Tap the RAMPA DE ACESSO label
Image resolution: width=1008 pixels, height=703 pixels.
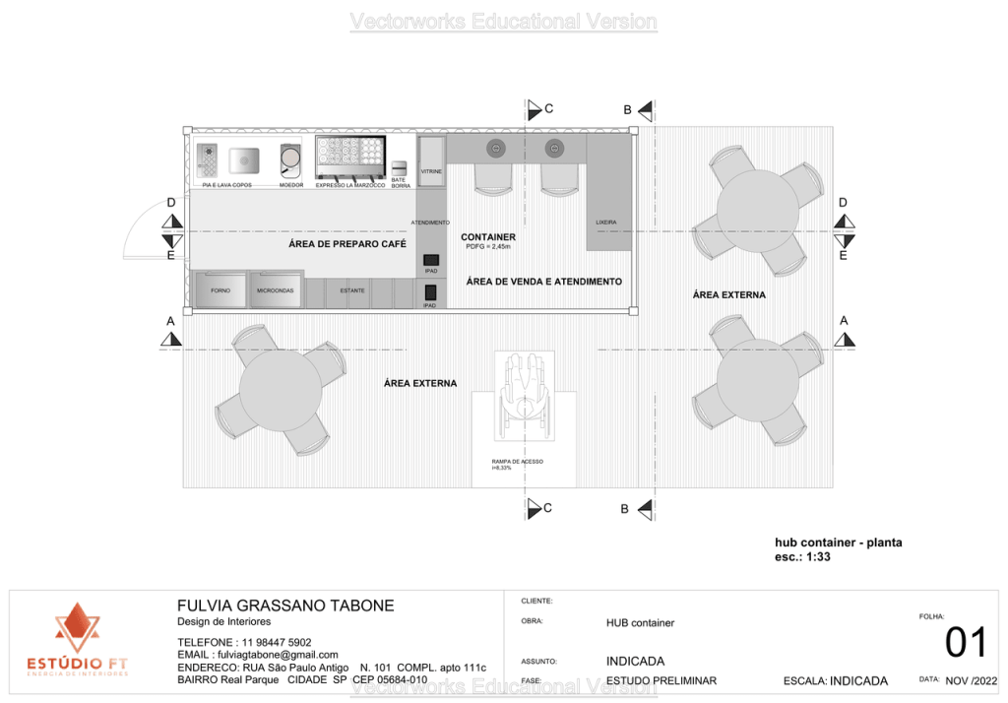[x=517, y=462]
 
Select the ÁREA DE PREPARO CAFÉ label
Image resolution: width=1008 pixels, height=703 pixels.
[x=347, y=244]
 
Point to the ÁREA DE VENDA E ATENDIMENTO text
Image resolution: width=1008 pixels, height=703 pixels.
[x=543, y=282]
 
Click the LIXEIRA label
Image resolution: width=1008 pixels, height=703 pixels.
[x=606, y=223]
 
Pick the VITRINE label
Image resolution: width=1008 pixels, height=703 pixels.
[x=431, y=172]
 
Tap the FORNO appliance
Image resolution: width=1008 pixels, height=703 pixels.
[x=220, y=290]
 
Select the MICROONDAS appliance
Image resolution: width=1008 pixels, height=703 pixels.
[x=276, y=290]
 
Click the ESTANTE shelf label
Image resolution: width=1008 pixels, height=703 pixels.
[x=352, y=290]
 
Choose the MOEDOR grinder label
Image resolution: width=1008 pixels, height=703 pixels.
[x=290, y=185]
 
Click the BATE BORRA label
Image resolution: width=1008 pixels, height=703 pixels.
[x=400, y=182]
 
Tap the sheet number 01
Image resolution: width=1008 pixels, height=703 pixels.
[x=965, y=642]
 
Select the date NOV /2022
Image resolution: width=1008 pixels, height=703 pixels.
[x=971, y=680]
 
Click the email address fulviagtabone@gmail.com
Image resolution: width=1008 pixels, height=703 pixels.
[x=258, y=655]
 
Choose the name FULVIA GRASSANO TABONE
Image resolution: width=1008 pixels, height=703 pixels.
[x=284, y=606]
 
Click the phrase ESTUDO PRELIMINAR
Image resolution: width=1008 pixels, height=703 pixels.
[x=661, y=680]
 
